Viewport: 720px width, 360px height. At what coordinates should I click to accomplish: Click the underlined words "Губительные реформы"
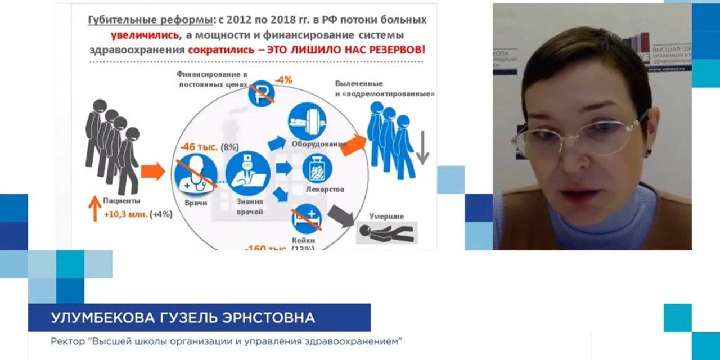[148, 20]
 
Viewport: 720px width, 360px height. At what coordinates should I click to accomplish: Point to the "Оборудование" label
[318, 144]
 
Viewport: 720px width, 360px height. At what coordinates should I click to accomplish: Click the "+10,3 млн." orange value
[125, 215]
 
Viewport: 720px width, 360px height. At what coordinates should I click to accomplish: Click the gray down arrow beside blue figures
[422, 151]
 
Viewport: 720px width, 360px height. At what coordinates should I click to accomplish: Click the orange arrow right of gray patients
[152, 171]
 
